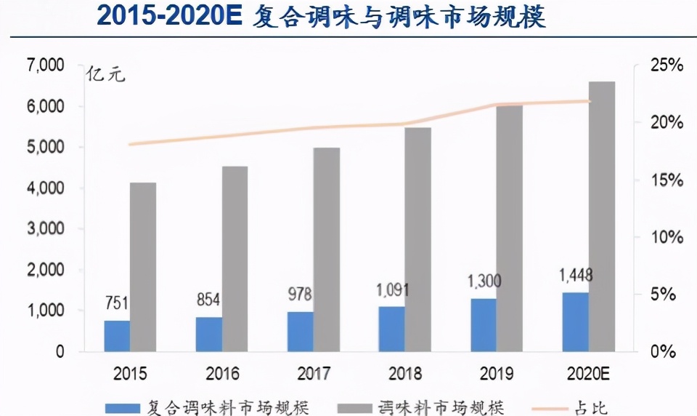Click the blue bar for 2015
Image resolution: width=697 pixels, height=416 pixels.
(117, 336)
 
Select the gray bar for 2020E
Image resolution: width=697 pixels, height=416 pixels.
(602, 217)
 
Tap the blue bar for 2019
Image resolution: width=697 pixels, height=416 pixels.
(484, 325)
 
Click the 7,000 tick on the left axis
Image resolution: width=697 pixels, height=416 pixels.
(45, 65)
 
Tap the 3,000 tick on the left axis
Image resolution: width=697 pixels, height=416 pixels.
(45, 229)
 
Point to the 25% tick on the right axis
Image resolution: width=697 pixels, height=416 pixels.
(667, 65)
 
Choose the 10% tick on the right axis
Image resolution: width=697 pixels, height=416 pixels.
(667, 237)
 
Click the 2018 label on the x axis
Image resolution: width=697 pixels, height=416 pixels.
(405, 375)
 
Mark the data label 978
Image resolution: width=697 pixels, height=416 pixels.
(300, 295)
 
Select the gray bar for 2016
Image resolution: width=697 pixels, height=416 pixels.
(235, 259)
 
